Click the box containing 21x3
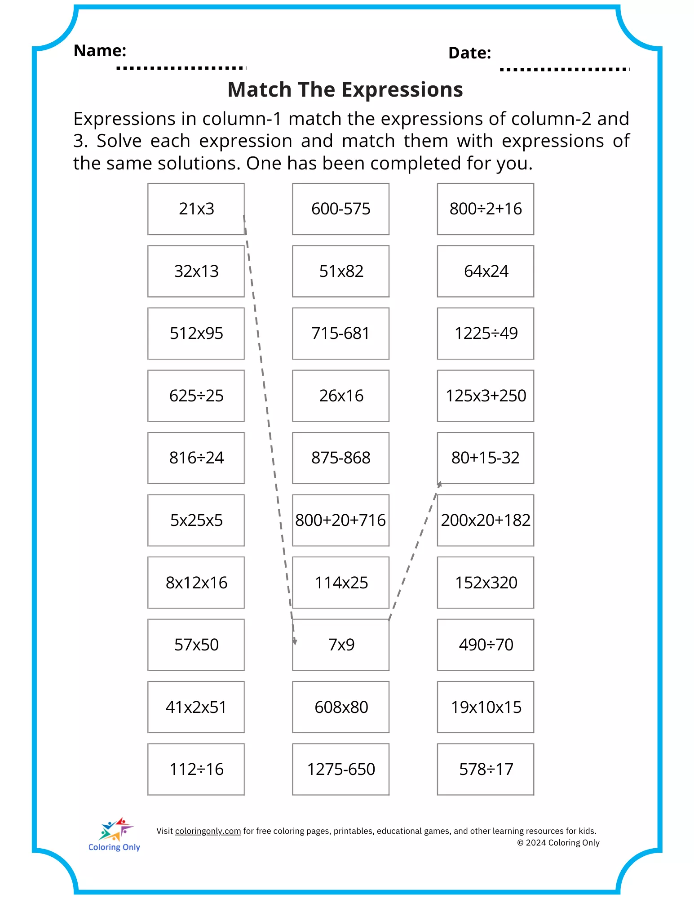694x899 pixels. click(x=196, y=209)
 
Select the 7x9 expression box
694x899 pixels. click(x=341, y=645)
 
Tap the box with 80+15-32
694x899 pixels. click(x=486, y=458)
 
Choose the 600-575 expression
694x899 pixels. click(x=341, y=209)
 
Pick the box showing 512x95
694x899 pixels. click(x=196, y=334)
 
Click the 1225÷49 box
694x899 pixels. click(x=486, y=334)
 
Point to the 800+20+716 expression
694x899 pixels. click(x=341, y=521)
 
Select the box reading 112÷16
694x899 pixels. click(x=196, y=770)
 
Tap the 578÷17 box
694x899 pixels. click(x=486, y=770)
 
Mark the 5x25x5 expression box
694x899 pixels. click(x=196, y=521)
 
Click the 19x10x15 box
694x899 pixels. click(x=486, y=708)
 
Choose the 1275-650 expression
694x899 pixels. click(x=341, y=770)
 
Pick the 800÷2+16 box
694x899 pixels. click(x=486, y=209)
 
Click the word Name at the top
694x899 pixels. click(x=100, y=51)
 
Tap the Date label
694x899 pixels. click(x=469, y=53)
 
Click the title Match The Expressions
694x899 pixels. click(x=345, y=89)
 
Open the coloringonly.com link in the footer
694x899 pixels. click(x=208, y=831)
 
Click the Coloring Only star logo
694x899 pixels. click(x=115, y=830)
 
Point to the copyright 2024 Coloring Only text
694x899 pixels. click(x=558, y=843)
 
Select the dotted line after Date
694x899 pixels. click(x=565, y=69)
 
